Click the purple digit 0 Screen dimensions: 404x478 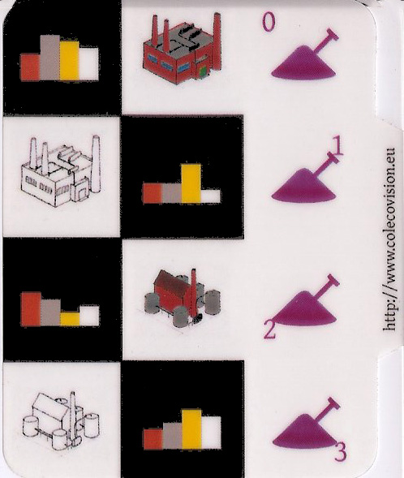[269, 23]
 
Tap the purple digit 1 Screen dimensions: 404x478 [337, 146]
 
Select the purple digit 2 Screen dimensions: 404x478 [270, 330]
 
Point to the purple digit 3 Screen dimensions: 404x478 [340, 452]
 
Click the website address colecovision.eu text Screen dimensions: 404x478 [389, 239]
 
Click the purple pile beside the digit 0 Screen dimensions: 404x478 [303, 63]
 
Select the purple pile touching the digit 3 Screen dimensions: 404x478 [304, 432]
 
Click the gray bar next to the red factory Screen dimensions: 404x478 [49, 58]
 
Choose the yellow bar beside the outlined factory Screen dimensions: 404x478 [191, 183]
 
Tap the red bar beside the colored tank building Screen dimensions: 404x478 [31, 309]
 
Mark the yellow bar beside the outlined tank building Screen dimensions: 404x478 [192, 429]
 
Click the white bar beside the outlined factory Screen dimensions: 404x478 [211, 196]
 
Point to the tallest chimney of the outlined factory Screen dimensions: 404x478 [96, 164]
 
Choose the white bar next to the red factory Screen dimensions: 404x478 [88, 64]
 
